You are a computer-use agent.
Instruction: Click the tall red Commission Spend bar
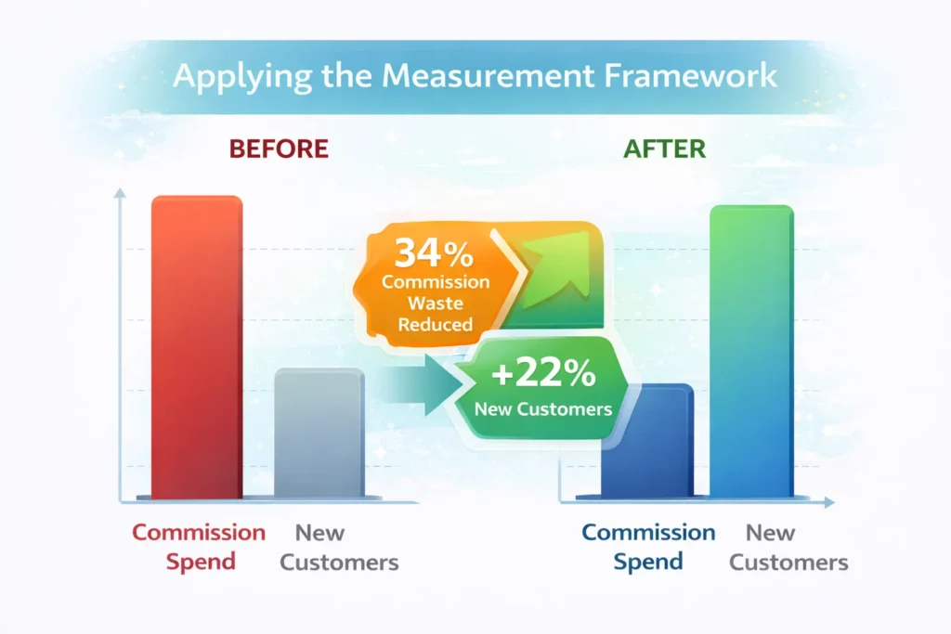click(196, 348)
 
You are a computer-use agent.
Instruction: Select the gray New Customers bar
click(319, 433)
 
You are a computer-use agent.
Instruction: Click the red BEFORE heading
click(278, 149)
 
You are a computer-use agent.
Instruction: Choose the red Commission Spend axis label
click(198, 547)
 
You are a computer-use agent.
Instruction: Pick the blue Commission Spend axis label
click(648, 547)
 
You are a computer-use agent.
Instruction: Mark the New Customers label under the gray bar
click(339, 548)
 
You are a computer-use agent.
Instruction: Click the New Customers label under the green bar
click(788, 548)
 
